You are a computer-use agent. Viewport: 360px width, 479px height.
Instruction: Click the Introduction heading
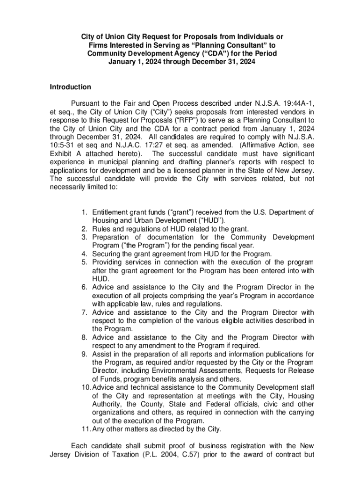point(70,87)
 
